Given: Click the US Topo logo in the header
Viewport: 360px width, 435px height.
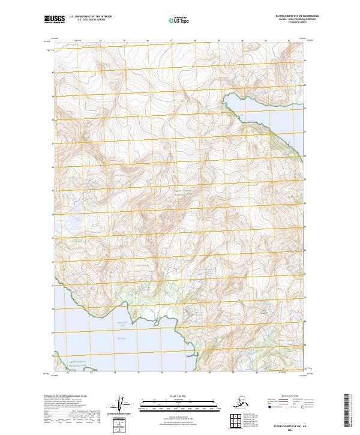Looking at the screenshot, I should click(175, 20).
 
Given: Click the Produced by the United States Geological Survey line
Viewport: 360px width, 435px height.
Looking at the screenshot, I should click(63, 396).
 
